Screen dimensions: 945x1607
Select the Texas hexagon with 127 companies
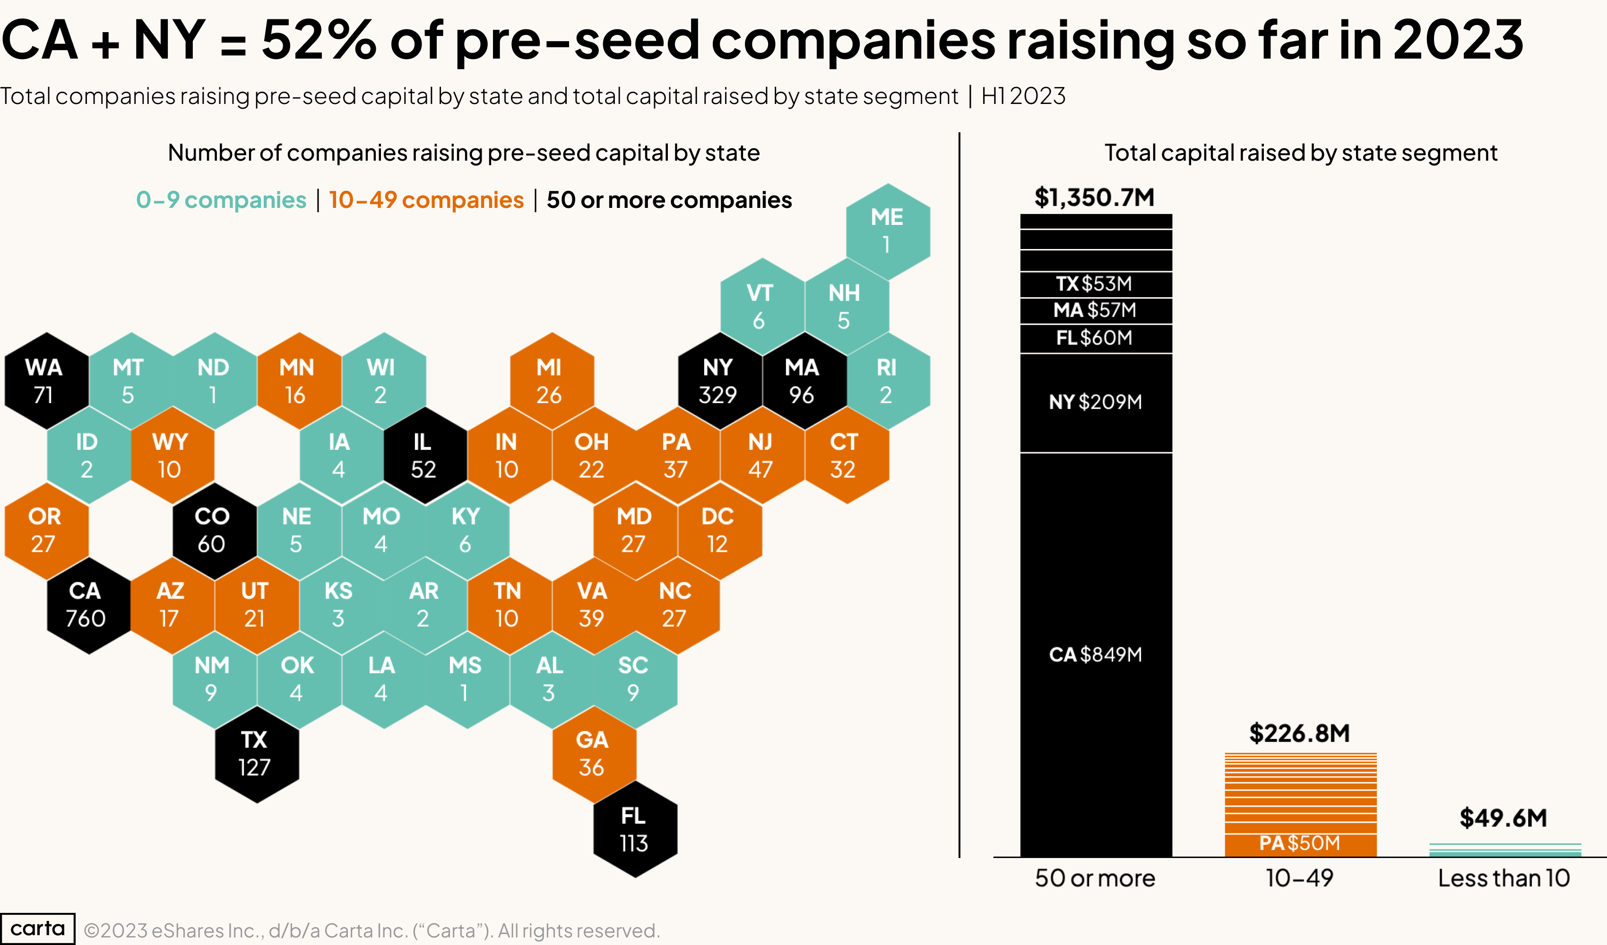pyautogui.click(x=256, y=754)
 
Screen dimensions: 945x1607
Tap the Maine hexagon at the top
pyautogui.click(x=887, y=231)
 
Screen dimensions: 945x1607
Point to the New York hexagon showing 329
pyautogui.click(x=719, y=381)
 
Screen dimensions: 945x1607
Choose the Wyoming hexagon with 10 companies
pyautogui.click(x=172, y=456)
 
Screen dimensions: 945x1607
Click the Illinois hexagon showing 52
pyautogui.click(x=424, y=456)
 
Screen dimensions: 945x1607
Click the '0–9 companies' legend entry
pyautogui.click(x=221, y=200)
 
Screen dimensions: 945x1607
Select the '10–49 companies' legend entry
pyautogui.click(x=426, y=200)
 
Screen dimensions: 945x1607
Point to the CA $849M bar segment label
pyautogui.click(x=1095, y=654)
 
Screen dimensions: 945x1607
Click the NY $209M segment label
pyautogui.click(x=1095, y=402)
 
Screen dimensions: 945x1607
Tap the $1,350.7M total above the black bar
pyautogui.click(x=1094, y=198)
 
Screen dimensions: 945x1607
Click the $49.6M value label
pyautogui.click(x=1503, y=817)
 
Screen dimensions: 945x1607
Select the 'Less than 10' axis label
pyautogui.click(x=1503, y=878)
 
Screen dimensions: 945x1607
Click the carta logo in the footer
pyautogui.click(x=38, y=928)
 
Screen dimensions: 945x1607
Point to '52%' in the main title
pyautogui.click(x=319, y=40)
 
